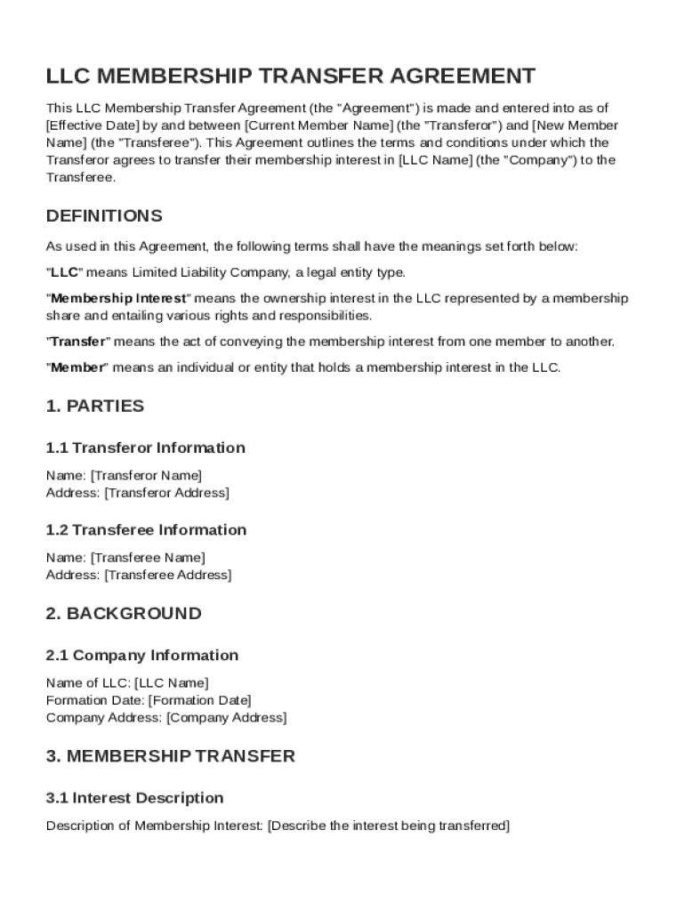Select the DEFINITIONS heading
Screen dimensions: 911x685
click(x=104, y=216)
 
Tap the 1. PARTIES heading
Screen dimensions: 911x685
click(x=94, y=407)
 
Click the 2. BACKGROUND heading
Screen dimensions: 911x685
click(x=124, y=614)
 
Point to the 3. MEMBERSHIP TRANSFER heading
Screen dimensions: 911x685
click(x=170, y=757)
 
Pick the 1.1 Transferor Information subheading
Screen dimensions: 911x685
click(x=146, y=447)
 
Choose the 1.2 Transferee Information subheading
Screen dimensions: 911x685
click(x=146, y=530)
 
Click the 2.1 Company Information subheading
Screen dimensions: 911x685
click(x=142, y=656)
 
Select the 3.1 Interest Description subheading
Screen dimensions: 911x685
click(x=134, y=798)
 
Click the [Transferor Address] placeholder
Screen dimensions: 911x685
click(x=166, y=493)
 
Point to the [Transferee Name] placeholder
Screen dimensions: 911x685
click(x=148, y=558)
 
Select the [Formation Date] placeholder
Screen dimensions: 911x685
click(x=199, y=700)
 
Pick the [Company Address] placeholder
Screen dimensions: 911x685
click(x=226, y=718)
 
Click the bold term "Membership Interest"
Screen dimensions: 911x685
click(x=118, y=298)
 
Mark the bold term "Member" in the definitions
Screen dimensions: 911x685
click(x=77, y=367)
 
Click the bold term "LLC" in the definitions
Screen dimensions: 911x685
click(x=64, y=272)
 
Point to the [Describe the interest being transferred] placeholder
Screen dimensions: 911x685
click(x=388, y=826)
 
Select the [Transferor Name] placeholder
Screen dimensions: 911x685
click(x=146, y=475)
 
